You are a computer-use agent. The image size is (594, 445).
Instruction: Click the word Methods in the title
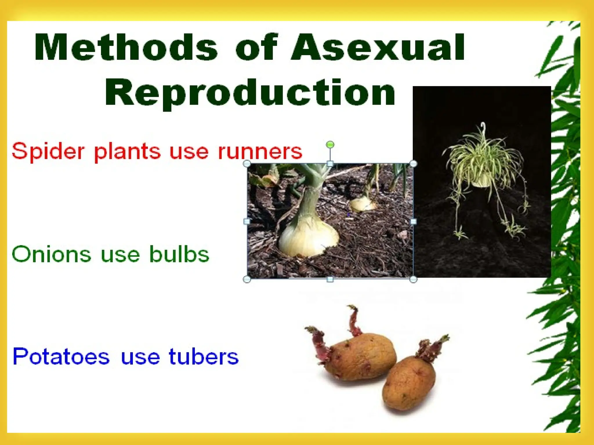point(126,47)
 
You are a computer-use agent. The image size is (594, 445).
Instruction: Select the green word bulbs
point(179,254)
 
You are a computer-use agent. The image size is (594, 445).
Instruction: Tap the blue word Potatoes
point(61,356)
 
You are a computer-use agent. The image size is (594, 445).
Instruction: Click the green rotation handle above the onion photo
point(330,144)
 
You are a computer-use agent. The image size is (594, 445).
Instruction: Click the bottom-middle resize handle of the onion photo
point(330,279)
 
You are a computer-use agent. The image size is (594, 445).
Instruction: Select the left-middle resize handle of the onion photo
point(247,221)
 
